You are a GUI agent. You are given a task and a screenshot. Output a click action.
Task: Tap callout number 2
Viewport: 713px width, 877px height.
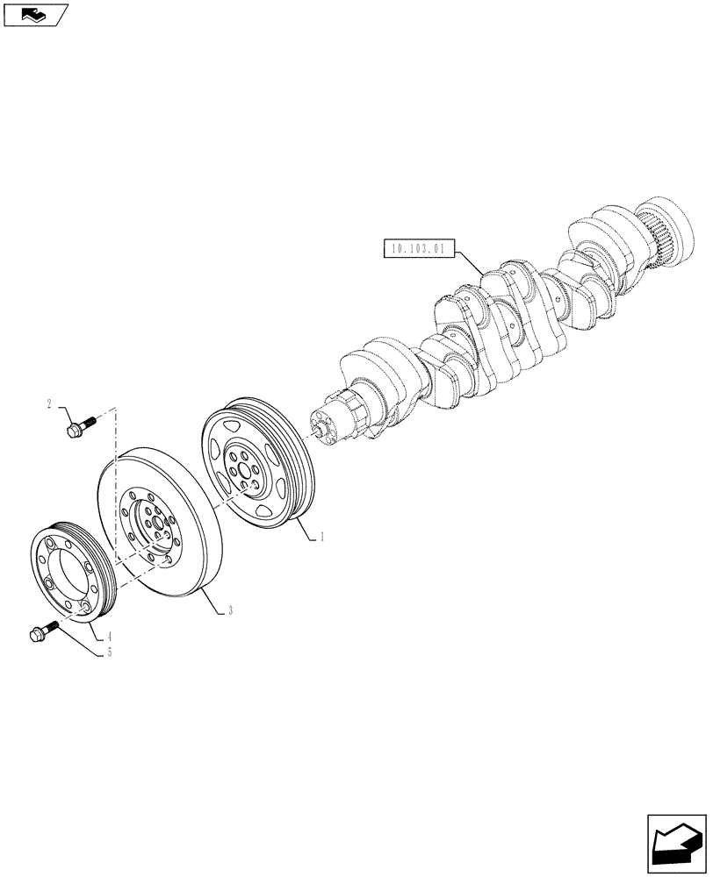pyautogui.click(x=50, y=404)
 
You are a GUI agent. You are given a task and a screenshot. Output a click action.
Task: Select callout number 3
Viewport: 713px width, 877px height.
pyautogui.click(x=230, y=610)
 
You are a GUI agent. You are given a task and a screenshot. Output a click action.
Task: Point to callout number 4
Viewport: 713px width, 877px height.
pyautogui.click(x=110, y=635)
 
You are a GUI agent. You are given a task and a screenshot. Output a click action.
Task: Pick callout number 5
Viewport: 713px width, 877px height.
pyautogui.click(x=109, y=652)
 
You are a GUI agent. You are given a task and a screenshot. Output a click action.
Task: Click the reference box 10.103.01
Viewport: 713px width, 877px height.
pyautogui.click(x=416, y=249)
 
